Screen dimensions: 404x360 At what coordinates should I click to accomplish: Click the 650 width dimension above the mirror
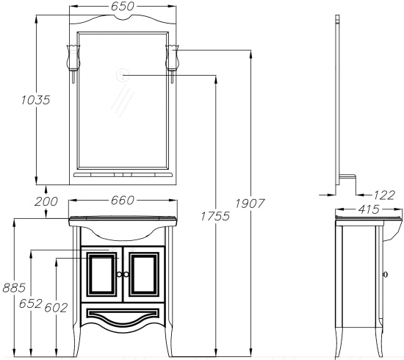pyautogui.click(x=123, y=7)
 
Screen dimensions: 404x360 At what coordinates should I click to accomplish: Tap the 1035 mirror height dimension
pyautogui.click(x=35, y=100)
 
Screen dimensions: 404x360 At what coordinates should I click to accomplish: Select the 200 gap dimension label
pyautogui.click(x=46, y=201)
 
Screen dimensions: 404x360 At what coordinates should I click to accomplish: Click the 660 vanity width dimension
pyautogui.click(x=123, y=201)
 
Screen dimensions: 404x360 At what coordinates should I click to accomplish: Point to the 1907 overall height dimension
pyautogui.click(x=250, y=204)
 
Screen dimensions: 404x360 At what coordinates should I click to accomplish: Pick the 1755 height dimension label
pyautogui.click(x=215, y=216)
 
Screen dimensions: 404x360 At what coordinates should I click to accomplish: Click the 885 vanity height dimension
pyautogui.click(x=14, y=288)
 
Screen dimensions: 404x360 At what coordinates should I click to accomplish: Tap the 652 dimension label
pyautogui.click(x=31, y=303)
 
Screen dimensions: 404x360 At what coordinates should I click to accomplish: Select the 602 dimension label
pyautogui.click(x=56, y=307)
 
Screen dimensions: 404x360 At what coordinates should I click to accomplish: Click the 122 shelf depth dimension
pyautogui.click(x=384, y=195)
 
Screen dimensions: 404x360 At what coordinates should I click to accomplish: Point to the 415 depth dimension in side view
pyautogui.click(x=369, y=209)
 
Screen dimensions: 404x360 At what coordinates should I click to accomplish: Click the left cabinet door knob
pyautogui.click(x=119, y=275)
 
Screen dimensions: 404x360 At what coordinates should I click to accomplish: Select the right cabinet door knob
pyautogui.click(x=126, y=275)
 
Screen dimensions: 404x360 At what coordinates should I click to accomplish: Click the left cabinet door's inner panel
pyautogui.click(x=101, y=275)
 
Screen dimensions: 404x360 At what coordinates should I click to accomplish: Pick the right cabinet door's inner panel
pyautogui.click(x=144, y=275)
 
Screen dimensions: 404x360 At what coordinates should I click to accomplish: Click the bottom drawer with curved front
pyautogui.click(x=123, y=316)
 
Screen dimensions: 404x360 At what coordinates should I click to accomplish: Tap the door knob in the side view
pyautogui.click(x=386, y=275)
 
